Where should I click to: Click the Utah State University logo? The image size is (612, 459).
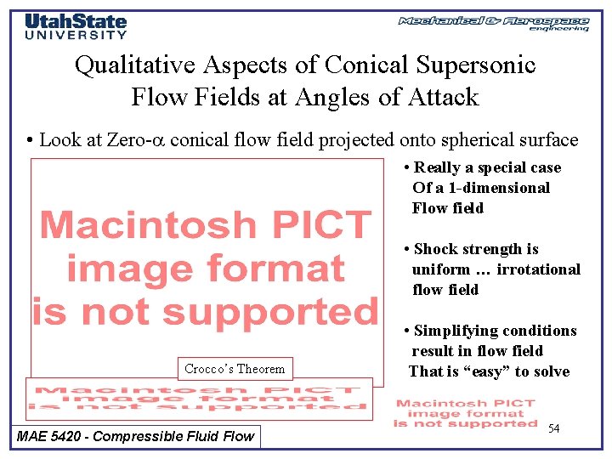(x=76, y=26)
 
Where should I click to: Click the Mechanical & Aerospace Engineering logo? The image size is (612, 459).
(x=494, y=23)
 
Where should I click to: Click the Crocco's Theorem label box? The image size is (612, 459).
(x=235, y=369)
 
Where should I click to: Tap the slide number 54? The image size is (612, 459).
(x=553, y=428)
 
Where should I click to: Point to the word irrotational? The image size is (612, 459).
(x=538, y=269)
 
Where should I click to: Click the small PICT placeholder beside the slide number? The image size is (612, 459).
(x=466, y=413)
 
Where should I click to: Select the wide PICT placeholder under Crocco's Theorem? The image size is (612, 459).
(x=199, y=398)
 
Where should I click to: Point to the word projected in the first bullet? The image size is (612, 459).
(x=355, y=140)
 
